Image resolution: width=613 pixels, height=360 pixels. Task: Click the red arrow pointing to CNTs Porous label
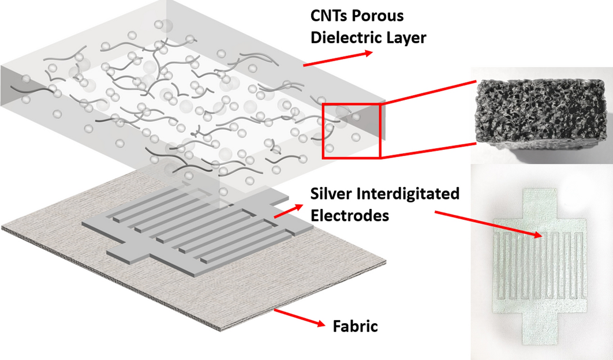point(338,58)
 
